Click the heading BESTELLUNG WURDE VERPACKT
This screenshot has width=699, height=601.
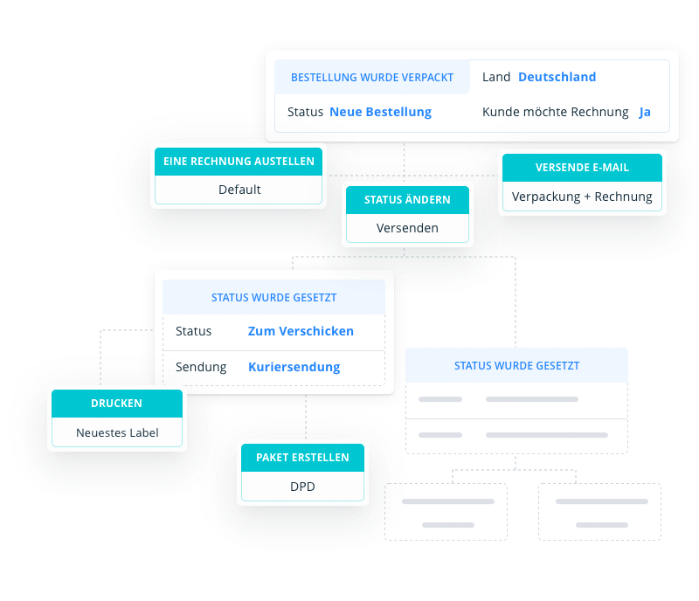[x=372, y=77]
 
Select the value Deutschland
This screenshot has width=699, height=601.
[x=557, y=77]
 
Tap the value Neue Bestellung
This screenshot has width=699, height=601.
[x=380, y=112]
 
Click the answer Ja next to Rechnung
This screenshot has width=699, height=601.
[x=645, y=112]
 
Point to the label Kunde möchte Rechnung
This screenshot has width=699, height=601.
[x=555, y=112]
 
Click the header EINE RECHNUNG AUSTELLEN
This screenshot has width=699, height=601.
[x=239, y=162]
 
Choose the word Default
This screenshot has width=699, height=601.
[x=239, y=190]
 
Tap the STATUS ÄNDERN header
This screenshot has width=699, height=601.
[x=407, y=199]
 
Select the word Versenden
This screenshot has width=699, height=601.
[x=407, y=228]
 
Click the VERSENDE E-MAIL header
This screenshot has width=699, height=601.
[x=582, y=167]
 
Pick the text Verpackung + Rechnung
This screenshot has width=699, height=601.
[x=582, y=197]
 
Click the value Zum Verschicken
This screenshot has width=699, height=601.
[x=301, y=331]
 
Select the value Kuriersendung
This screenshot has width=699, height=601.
[x=294, y=367]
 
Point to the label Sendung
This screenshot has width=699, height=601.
[x=201, y=367]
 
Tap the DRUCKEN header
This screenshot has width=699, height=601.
[x=116, y=404]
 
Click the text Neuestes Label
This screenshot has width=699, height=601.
[x=117, y=432]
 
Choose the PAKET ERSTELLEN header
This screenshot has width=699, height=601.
[x=302, y=457]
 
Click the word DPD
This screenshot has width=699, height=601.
[x=302, y=486]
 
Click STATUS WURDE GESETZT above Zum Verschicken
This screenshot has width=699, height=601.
[x=273, y=297]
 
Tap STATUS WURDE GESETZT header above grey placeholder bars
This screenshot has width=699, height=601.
[x=516, y=366]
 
